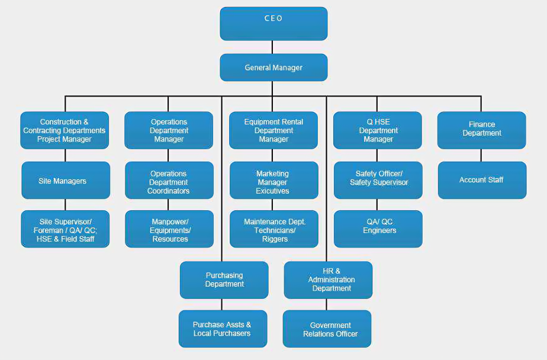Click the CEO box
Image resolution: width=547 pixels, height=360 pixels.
click(x=273, y=24)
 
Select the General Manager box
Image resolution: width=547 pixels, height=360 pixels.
click(x=273, y=67)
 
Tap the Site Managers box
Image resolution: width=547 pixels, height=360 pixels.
click(x=66, y=180)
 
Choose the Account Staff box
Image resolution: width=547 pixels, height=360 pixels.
click(x=482, y=180)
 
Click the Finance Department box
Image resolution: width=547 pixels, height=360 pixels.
click(x=481, y=130)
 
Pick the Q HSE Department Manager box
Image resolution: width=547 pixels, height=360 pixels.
click(x=378, y=130)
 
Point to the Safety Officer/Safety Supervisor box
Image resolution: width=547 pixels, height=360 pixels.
click(x=378, y=180)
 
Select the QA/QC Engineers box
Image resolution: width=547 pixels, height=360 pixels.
click(x=378, y=229)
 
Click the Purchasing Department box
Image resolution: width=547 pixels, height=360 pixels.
click(x=224, y=279)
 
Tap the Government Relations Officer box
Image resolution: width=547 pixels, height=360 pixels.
click(x=327, y=329)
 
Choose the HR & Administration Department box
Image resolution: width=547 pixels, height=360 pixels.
click(x=328, y=279)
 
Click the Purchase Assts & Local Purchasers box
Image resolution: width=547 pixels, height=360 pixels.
click(x=223, y=329)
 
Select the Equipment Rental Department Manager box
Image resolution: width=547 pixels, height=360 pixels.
click(x=273, y=130)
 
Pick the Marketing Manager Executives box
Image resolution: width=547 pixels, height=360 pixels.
click(x=274, y=180)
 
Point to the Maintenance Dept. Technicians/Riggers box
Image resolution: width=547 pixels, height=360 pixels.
click(x=274, y=229)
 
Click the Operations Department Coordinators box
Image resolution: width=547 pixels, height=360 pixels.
click(x=169, y=180)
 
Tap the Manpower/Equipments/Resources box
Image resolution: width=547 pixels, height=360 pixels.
click(x=169, y=229)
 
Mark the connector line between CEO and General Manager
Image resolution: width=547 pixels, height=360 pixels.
click(x=272, y=47)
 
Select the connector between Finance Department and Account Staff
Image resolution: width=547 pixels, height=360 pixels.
click(x=481, y=155)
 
